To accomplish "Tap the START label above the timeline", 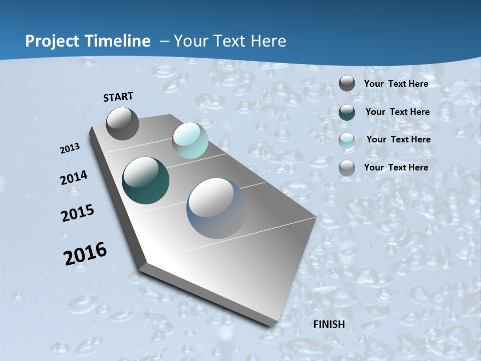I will pyautogui.click(x=118, y=97).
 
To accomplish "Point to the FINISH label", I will pyautogui.click(x=329, y=324).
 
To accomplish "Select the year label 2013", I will pyautogui.click(x=70, y=148).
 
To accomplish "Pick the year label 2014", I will pyautogui.click(x=74, y=178).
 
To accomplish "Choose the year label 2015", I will pyautogui.click(x=78, y=213).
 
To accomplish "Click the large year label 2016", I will pyautogui.click(x=85, y=253).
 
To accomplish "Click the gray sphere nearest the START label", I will pyautogui.click(x=122, y=124).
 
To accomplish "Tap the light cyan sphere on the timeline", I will pyautogui.click(x=190, y=140).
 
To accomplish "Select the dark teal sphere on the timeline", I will pyautogui.click(x=146, y=180).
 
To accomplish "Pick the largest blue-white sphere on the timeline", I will pyautogui.click(x=217, y=208).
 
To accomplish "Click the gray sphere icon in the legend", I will pyautogui.click(x=347, y=84).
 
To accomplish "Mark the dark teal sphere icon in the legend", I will pyautogui.click(x=347, y=112).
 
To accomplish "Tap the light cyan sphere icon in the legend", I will pyautogui.click(x=347, y=140).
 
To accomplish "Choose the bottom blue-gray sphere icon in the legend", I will pyautogui.click(x=347, y=168).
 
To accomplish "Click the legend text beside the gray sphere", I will pyautogui.click(x=396, y=84).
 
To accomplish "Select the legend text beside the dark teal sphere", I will pyautogui.click(x=397, y=112).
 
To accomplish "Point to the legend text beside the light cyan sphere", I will pyautogui.click(x=398, y=139).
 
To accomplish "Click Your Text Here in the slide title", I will pyautogui.click(x=230, y=41).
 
